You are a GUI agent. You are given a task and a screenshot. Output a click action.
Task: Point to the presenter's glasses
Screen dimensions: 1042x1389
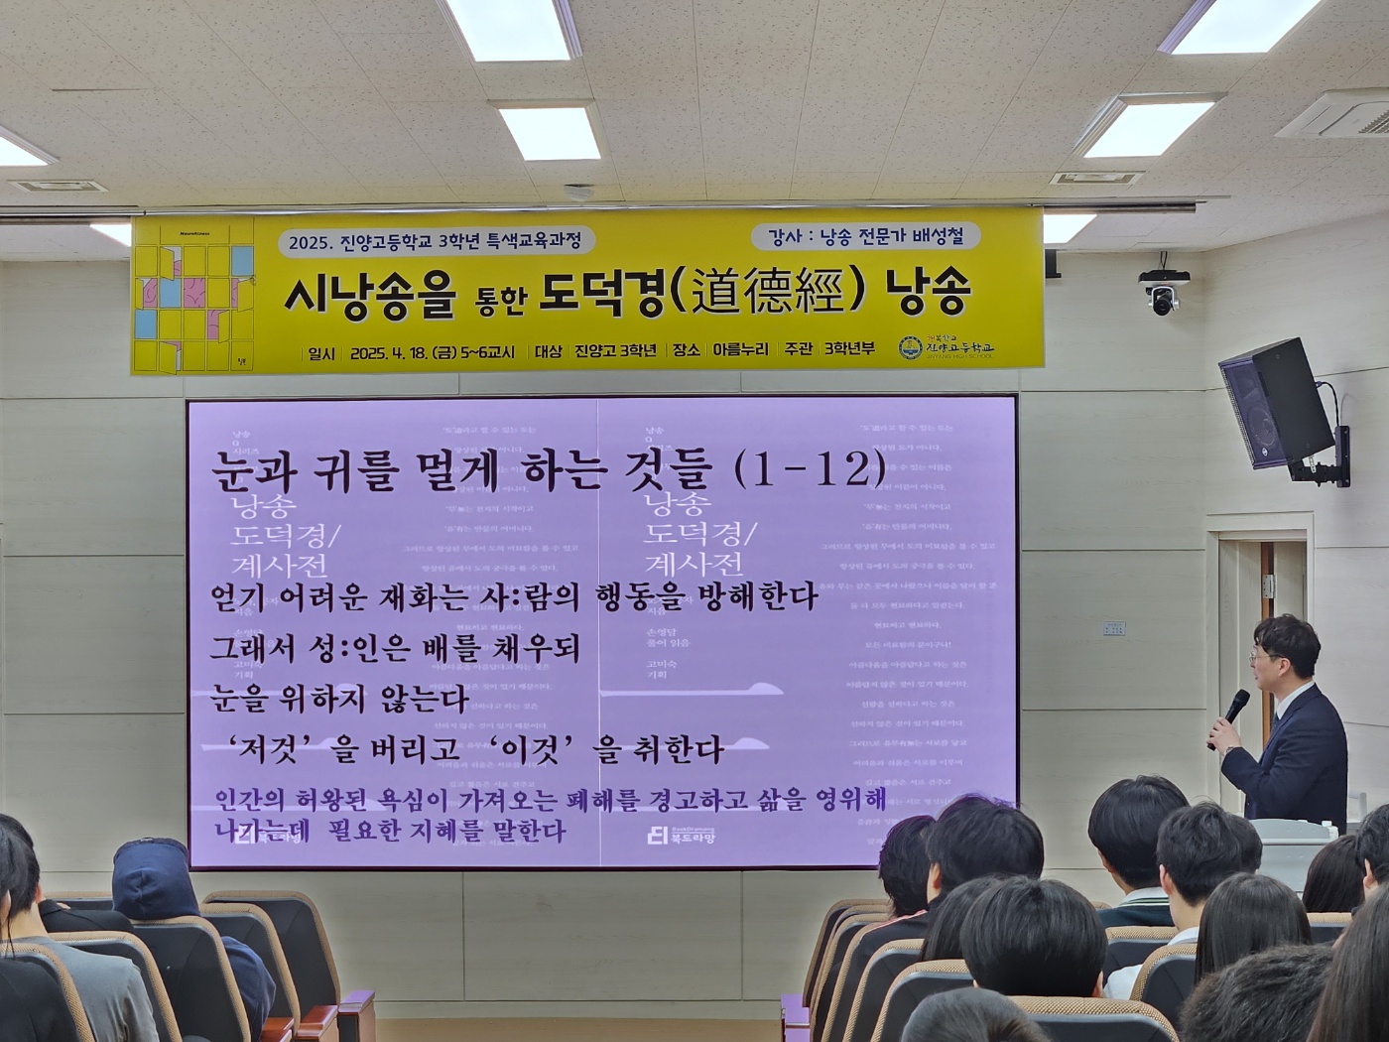coord(1260,657)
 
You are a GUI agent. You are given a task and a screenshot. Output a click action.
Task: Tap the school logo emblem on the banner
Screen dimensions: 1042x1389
coord(910,348)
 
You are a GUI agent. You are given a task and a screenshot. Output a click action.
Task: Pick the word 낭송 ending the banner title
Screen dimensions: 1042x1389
coord(928,291)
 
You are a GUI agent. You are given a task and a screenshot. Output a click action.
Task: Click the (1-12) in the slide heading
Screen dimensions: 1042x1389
coord(810,468)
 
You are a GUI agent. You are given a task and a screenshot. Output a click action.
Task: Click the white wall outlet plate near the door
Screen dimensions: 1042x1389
coord(1113,628)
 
